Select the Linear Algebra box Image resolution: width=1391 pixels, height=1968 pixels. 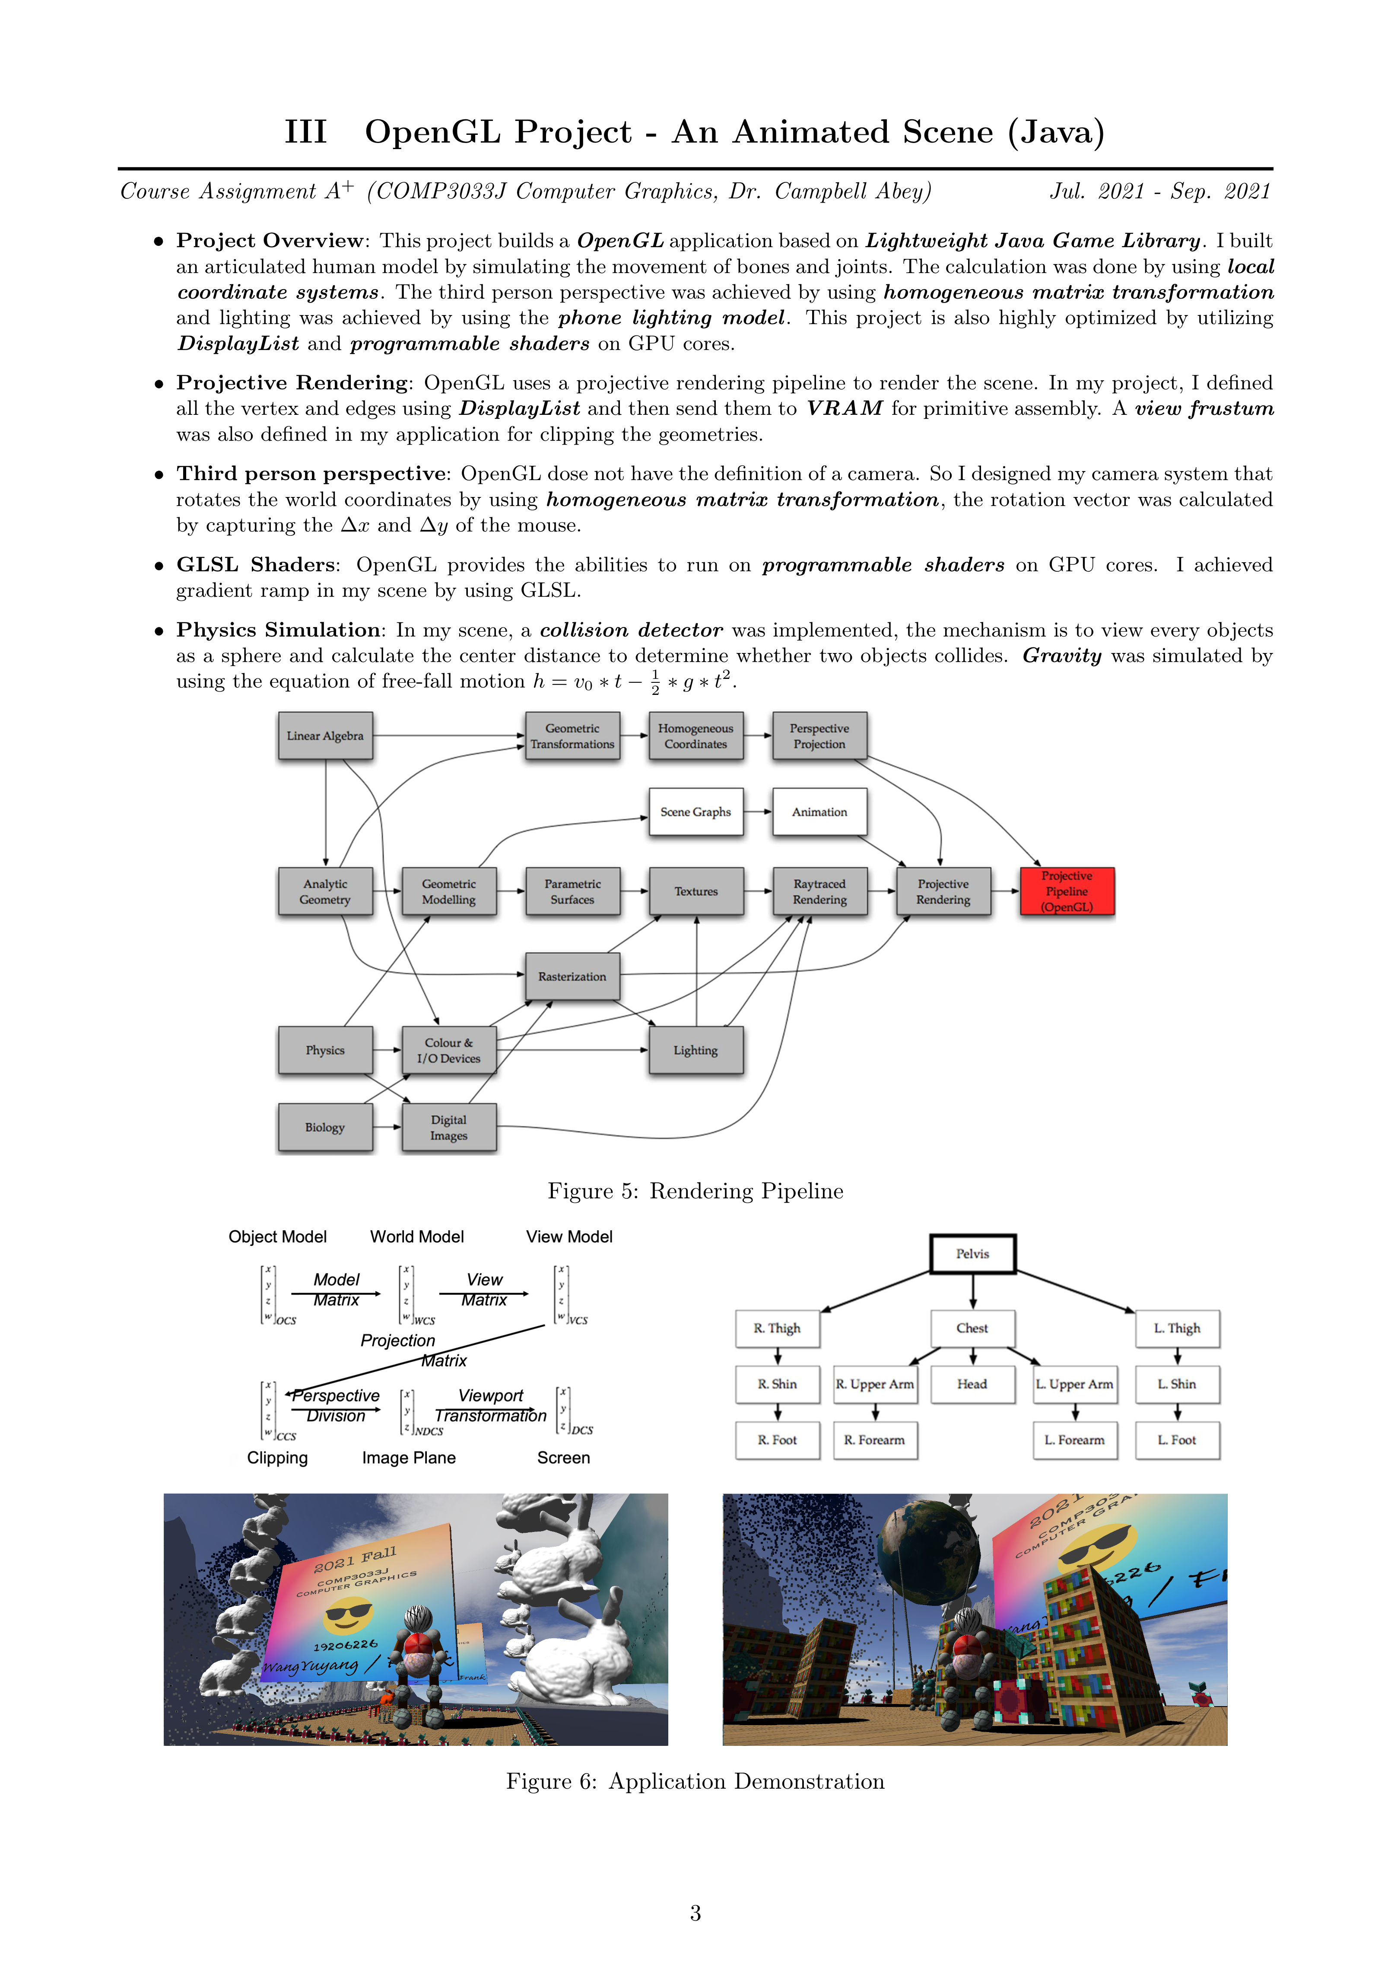pyautogui.click(x=325, y=736)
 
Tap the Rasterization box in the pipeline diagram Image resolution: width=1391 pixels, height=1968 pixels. pyautogui.click(x=572, y=976)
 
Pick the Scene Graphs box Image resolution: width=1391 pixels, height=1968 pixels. pyautogui.click(x=695, y=812)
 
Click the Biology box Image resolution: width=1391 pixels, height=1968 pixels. pyautogui.click(x=325, y=1127)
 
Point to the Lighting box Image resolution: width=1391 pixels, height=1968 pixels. pyautogui.click(x=695, y=1050)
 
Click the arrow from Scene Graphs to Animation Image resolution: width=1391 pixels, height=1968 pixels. pyautogui.click(x=758, y=812)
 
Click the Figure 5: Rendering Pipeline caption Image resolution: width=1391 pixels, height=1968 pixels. pyautogui.click(x=695, y=1191)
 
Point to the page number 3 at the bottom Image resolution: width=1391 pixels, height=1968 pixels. pyautogui.click(x=695, y=1913)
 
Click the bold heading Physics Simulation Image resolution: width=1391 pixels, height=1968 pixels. pyautogui.click(x=279, y=630)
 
